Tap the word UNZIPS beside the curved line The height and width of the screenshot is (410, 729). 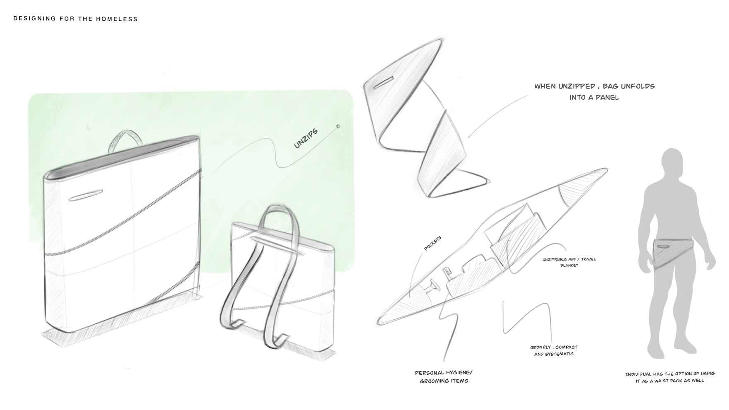pos(306,138)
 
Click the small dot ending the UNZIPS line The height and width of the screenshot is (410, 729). pos(338,126)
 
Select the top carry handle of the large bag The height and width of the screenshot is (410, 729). pos(124,141)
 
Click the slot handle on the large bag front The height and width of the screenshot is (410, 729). pos(86,195)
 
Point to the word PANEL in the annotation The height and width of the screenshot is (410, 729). pos(607,98)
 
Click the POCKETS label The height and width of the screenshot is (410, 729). pos(433,244)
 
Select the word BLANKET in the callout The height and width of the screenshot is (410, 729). pos(569,265)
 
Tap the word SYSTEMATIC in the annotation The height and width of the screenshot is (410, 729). pos(560,354)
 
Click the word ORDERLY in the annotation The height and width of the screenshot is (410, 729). pos(541,347)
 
